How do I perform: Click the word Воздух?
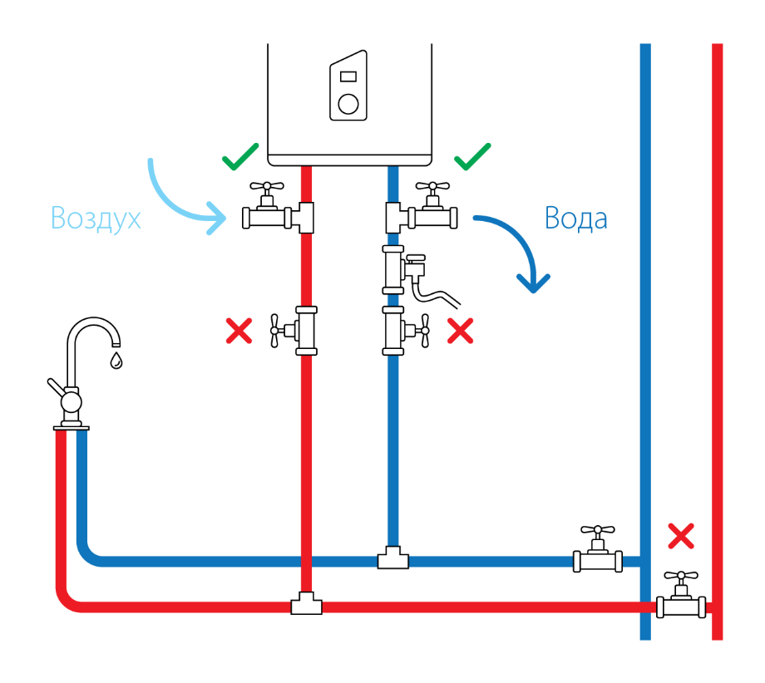[96, 218]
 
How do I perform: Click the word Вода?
[575, 218]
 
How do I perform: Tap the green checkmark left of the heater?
[240, 157]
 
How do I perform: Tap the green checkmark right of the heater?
[472, 157]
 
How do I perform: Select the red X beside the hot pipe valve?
[239, 331]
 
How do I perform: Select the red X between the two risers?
[681, 536]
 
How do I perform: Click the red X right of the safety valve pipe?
[460, 331]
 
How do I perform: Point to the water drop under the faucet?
[116, 361]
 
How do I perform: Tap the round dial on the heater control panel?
[348, 104]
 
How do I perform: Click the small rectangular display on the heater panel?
[348, 76]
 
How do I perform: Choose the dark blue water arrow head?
[533, 283]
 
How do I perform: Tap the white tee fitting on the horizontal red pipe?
[306, 603]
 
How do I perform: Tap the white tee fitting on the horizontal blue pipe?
[393, 558]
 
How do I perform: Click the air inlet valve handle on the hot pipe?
[267, 186]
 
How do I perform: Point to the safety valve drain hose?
[437, 294]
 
